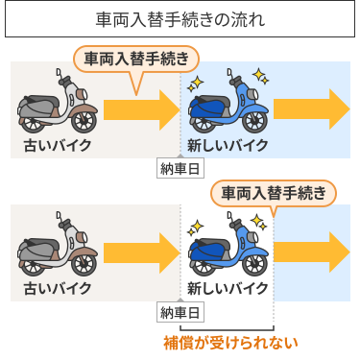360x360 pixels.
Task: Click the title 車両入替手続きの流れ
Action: point(180,20)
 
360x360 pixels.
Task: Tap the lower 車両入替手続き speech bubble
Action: point(273,192)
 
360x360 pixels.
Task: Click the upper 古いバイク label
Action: point(58,145)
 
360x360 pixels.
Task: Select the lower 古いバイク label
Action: point(58,288)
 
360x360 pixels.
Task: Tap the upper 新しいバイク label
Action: point(228,145)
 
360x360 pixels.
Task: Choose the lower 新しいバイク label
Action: point(228,288)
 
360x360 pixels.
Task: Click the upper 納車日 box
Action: point(180,169)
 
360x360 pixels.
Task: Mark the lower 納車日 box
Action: point(180,312)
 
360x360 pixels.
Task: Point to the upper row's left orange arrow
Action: point(141,108)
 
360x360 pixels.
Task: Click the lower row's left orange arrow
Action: point(141,252)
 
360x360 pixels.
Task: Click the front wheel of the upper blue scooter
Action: point(255,121)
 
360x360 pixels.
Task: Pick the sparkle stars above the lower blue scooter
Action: point(198,226)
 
